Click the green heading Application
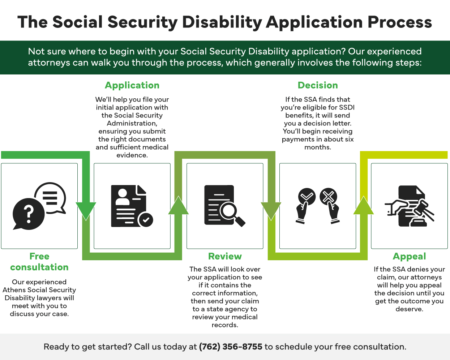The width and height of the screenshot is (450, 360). tap(132, 85)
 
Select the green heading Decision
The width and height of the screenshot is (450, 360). tap(318, 85)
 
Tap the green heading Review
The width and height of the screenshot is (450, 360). tap(225, 256)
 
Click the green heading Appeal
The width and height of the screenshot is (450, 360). tap(409, 256)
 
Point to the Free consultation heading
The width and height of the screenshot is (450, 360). tap(39, 262)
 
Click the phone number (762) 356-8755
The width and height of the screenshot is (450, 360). tap(231, 347)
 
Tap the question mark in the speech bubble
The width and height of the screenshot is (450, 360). tap(29, 214)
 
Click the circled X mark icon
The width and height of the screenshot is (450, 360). tap(328, 197)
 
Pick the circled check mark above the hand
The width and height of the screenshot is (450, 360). tap(307, 197)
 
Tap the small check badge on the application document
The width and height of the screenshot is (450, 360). tap(146, 219)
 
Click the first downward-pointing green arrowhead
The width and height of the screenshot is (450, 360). tap(86, 210)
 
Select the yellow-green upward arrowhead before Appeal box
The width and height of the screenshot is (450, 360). tap(364, 205)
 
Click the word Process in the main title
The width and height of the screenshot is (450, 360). tap(400, 22)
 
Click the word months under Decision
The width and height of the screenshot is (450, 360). tap(317, 147)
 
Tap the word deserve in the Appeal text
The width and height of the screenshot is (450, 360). tap(409, 309)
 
